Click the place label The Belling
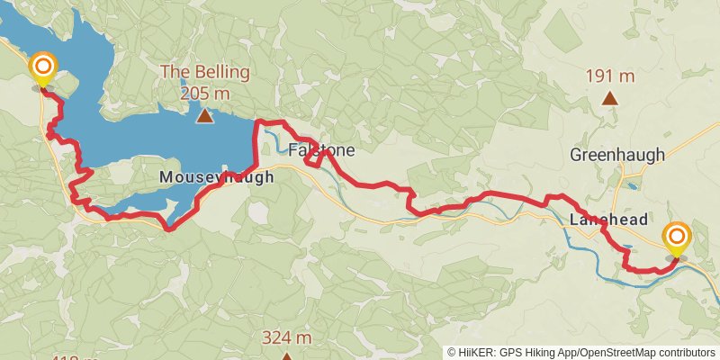[205, 72]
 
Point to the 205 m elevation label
[205, 93]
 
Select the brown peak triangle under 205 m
[205, 115]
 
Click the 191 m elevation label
[609, 76]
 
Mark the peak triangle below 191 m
[609, 98]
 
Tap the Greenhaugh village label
[617, 155]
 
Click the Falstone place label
[321, 149]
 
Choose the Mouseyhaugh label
[216, 178]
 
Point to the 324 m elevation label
[286, 337]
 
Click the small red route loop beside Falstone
[314, 157]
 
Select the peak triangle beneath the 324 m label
[286, 356]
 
